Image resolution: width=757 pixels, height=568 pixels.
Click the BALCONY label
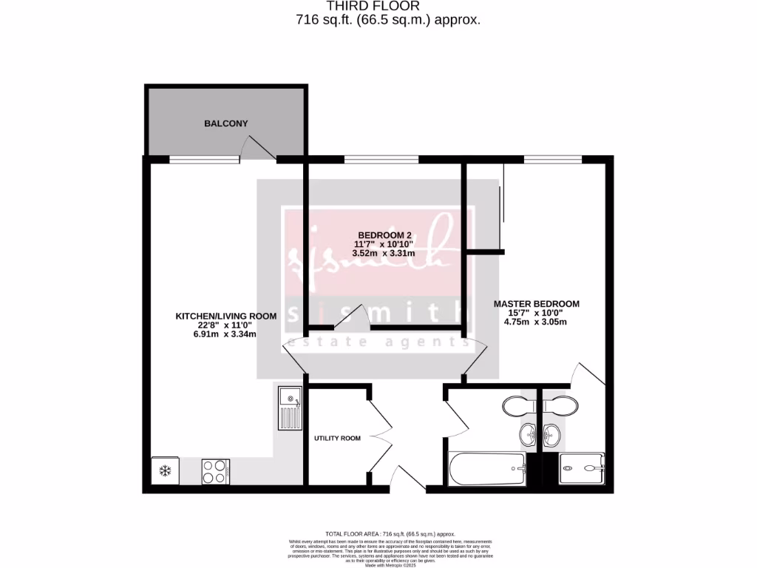pos(225,124)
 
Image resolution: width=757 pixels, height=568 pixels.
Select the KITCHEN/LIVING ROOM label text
pos(225,316)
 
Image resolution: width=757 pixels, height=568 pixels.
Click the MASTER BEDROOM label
pos(536,303)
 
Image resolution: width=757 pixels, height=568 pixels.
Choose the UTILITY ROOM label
pos(337,439)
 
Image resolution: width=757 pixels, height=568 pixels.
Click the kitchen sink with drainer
pos(290,408)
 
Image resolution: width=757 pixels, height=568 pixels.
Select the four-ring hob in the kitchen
pos(216,471)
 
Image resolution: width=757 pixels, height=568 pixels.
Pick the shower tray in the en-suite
pos(582,467)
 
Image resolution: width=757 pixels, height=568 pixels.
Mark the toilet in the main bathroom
pos(517,405)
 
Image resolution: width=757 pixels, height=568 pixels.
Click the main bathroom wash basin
pos(529,435)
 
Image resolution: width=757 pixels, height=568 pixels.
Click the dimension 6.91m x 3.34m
pos(225,334)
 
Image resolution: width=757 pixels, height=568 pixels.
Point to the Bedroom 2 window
pos(381,158)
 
